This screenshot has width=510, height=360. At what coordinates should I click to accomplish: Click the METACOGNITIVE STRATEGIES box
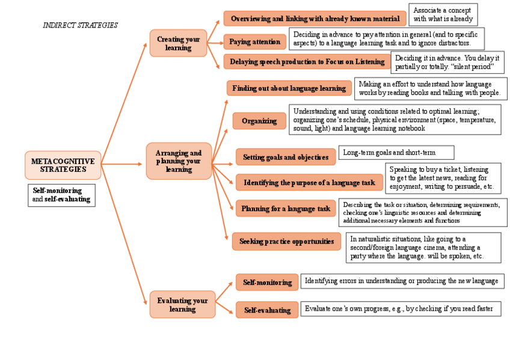(x=63, y=165)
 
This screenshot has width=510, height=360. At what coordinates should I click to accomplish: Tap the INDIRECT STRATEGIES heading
(x=80, y=25)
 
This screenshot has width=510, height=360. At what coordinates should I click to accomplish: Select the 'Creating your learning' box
(x=178, y=43)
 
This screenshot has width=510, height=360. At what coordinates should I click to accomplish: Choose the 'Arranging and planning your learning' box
(x=179, y=161)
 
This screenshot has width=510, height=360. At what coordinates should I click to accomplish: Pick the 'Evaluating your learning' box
(x=182, y=305)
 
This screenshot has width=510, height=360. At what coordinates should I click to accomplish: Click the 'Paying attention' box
(x=254, y=41)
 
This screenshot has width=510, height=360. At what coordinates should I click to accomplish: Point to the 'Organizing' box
(x=259, y=121)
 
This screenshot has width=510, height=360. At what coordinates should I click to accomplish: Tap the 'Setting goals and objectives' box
(x=286, y=157)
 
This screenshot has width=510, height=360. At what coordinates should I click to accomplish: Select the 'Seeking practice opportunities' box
(x=286, y=242)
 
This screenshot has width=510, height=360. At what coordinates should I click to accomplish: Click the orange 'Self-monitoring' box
(x=266, y=282)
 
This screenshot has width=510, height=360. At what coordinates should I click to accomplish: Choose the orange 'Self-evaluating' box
(x=266, y=310)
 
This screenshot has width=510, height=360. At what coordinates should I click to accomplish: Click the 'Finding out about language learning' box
(x=289, y=88)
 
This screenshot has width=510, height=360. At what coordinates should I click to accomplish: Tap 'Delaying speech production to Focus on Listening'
(x=307, y=61)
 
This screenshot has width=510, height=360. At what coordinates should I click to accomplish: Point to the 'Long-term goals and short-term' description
(x=396, y=153)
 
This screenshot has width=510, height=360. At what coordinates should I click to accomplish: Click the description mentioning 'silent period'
(x=447, y=62)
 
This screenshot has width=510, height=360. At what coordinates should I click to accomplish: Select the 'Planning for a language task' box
(x=286, y=209)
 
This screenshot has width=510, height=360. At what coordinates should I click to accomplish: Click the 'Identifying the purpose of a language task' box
(x=309, y=182)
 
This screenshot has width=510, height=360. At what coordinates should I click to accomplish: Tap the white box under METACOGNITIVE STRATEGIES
(x=62, y=195)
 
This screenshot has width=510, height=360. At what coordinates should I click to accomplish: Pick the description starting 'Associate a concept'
(x=443, y=14)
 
